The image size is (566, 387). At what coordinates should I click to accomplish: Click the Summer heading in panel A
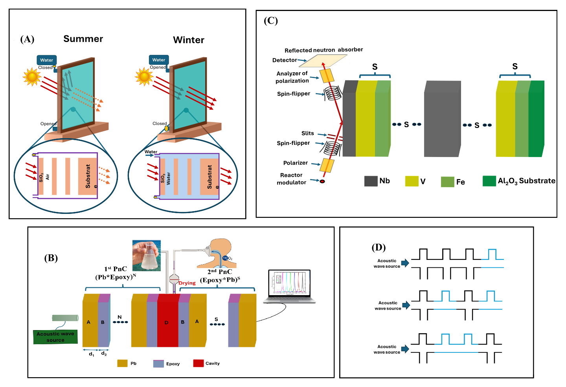[83, 39]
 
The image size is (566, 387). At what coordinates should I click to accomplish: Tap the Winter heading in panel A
[189, 40]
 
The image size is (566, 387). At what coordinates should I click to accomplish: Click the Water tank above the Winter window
[159, 60]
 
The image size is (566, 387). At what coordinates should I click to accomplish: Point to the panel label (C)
[271, 21]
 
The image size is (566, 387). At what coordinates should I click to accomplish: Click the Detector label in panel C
[285, 60]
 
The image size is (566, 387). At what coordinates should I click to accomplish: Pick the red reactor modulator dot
[322, 181]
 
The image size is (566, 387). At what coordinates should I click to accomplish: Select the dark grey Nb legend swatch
[371, 181]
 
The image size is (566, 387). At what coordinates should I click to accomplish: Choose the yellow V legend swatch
[412, 181]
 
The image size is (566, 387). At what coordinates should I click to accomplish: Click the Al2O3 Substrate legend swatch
[489, 181]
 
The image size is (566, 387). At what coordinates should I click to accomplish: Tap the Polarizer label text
[295, 163]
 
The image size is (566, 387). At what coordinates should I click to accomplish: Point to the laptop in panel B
[289, 287]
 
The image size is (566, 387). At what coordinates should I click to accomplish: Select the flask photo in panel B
[147, 256]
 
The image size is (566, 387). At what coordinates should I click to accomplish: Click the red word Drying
[187, 283]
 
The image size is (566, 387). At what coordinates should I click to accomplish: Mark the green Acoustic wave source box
[55, 337]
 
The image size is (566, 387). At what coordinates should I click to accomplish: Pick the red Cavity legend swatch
[198, 363]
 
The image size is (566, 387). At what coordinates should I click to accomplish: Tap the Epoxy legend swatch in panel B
[158, 363]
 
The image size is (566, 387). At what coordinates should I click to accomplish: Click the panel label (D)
[379, 247]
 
